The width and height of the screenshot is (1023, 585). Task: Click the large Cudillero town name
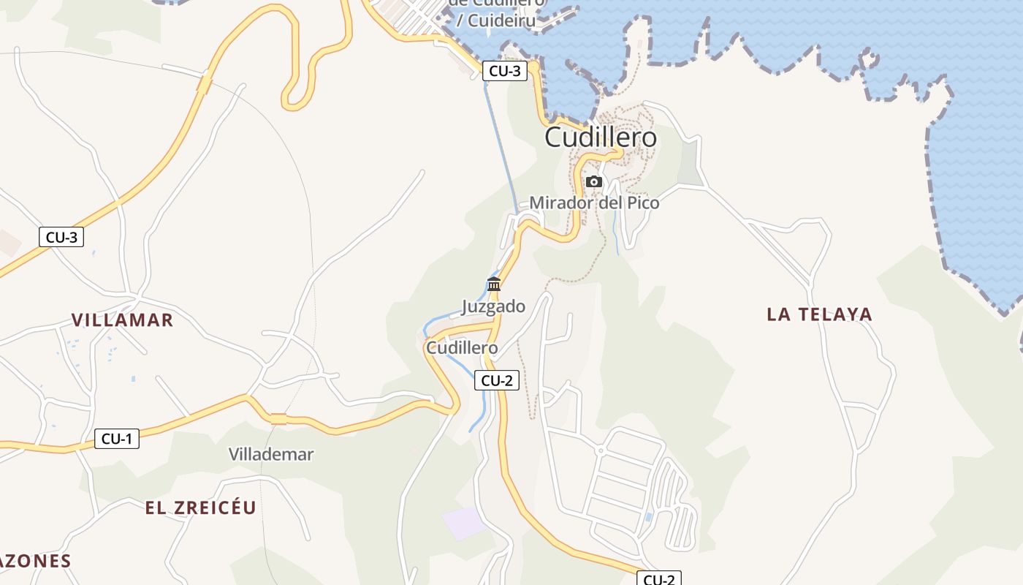601,137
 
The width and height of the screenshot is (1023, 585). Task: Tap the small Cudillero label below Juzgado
462,348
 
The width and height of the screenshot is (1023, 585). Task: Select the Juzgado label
493,306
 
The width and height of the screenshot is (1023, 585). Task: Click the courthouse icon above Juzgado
494,284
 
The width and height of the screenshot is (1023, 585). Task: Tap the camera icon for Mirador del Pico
594,181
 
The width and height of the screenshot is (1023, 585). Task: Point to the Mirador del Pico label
594,203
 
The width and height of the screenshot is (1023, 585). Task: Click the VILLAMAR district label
122,320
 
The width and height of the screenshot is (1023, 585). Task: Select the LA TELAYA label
819,314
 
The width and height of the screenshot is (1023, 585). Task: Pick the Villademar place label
271,454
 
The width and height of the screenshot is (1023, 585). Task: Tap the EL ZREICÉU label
200,508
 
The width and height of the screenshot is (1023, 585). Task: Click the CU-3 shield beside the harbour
505,71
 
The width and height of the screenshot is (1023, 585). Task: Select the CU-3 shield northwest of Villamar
61,237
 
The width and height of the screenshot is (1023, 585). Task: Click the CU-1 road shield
116,439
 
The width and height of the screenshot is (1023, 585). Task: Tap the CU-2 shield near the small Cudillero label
497,380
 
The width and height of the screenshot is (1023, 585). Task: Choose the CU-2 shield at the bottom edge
658,579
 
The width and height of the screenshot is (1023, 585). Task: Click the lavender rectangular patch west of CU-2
464,524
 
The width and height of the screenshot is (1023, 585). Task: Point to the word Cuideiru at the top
501,20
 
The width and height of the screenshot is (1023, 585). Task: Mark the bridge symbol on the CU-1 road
278,419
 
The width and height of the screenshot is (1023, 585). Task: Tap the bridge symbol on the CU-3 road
204,83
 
